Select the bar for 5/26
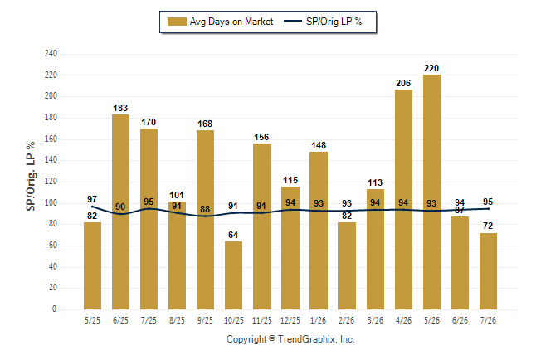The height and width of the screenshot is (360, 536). click(x=431, y=192)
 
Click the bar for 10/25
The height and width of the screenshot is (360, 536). click(x=233, y=275)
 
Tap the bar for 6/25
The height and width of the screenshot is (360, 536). click(x=120, y=212)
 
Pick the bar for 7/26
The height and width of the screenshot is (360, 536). click(x=488, y=271)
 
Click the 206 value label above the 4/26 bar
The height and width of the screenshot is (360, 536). click(x=403, y=83)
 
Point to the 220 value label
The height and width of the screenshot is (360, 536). click(x=431, y=68)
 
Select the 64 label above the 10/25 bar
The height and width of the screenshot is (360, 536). click(x=233, y=235)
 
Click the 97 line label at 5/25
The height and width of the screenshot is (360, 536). click(x=92, y=199)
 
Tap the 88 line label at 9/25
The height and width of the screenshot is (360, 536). click(x=205, y=209)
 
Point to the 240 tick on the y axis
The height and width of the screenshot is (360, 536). click(x=51, y=54)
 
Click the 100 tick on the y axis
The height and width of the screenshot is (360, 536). click(x=51, y=202)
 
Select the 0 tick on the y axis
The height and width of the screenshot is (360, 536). click(x=54, y=309)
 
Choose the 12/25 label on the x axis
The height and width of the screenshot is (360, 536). click(x=290, y=320)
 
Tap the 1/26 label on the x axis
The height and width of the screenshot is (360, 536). click(x=319, y=320)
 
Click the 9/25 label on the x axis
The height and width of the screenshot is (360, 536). click(x=205, y=320)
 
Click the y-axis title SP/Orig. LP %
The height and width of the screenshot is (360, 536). click(x=31, y=176)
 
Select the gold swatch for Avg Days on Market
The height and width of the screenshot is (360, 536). click(x=177, y=22)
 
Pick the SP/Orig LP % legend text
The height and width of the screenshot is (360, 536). click(x=334, y=22)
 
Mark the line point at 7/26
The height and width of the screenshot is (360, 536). click(x=488, y=208)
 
